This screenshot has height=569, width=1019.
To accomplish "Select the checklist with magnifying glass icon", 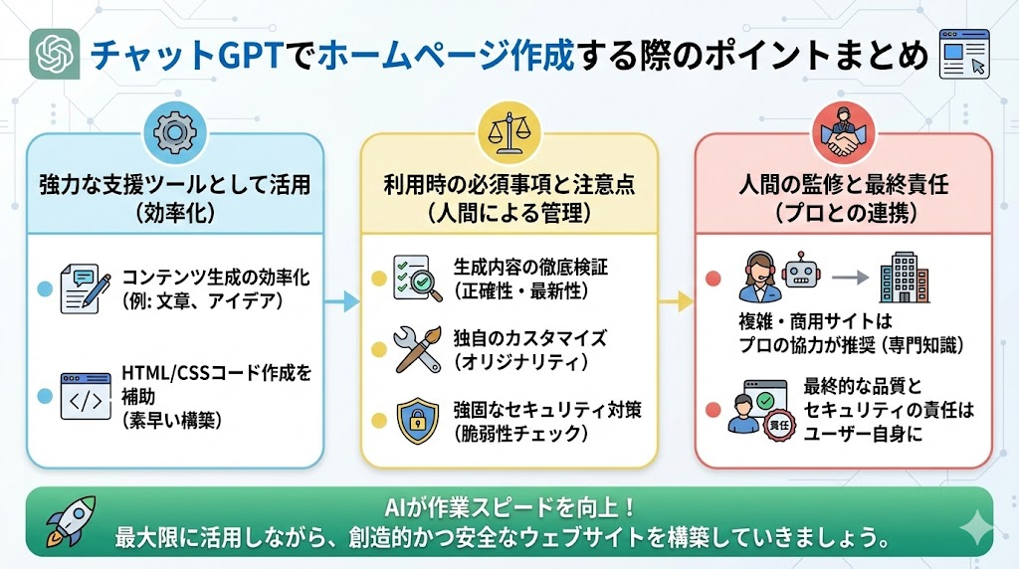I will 417,279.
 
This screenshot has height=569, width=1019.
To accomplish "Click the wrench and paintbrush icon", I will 417,349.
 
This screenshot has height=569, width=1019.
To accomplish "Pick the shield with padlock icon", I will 417,421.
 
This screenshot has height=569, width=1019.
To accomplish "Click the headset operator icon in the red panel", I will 758,277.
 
